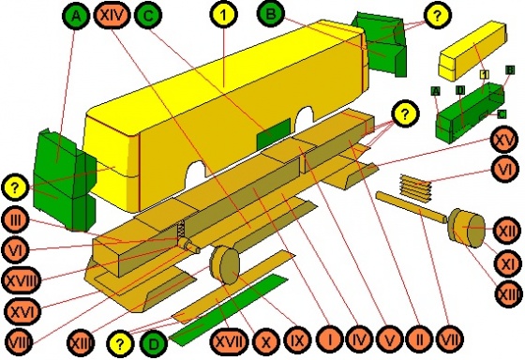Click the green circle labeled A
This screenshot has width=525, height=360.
pos(78,16)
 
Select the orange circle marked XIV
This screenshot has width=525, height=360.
pos(114,16)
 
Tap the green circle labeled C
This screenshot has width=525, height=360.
pos(148,15)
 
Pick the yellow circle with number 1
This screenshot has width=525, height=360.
pos(223,15)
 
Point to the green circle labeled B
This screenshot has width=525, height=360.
pos(272,15)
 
